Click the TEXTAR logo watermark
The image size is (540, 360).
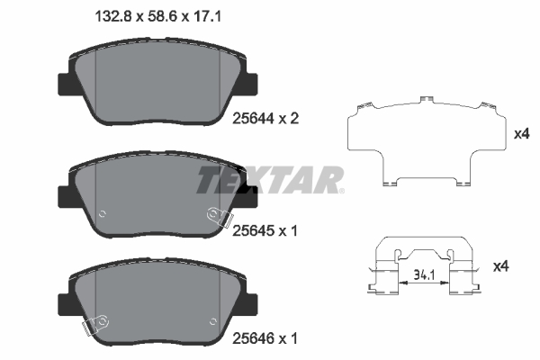click(269, 180)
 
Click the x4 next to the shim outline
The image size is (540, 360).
click(519, 134)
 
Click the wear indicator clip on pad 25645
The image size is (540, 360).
click(217, 217)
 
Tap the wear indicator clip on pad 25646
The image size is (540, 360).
click(96, 322)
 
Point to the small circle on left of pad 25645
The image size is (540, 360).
click(102, 213)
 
